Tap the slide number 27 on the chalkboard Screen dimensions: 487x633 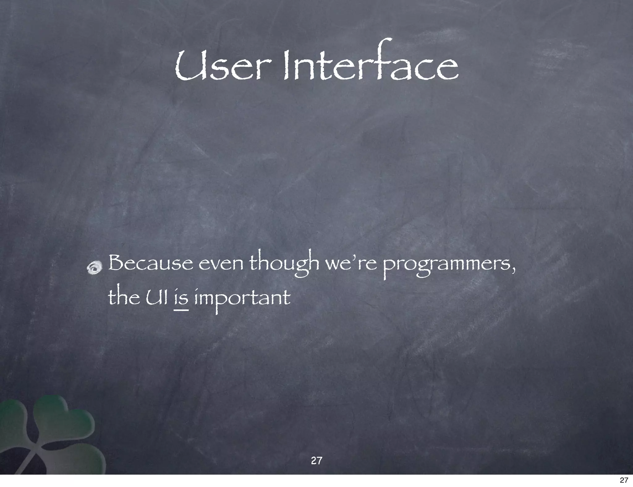point(316,461)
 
